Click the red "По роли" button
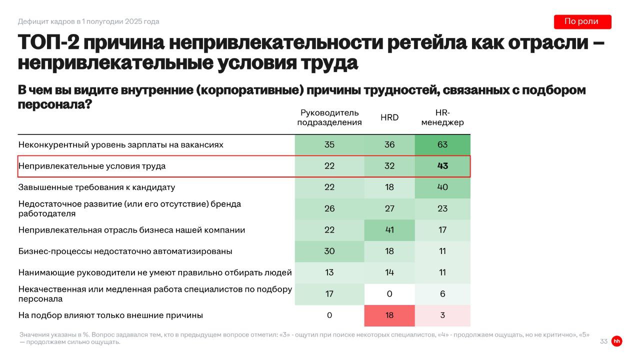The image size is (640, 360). tap(582, 21)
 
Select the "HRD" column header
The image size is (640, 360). tap(389, 117)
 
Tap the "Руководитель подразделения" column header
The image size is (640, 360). tap(329, 117)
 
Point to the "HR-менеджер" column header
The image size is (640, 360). tap(442, 117)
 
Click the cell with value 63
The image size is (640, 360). tap(442, 145)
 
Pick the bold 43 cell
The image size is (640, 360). tap(442, 166)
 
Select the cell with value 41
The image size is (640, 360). tap(389, 230)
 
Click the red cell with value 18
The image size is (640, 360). tap(389, 315)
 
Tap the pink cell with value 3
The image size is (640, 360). tap(442, 315)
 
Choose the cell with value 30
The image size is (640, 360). tap(329, 251)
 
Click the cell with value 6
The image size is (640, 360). tap(442, 294)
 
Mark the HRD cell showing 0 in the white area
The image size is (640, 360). tap(389, 294)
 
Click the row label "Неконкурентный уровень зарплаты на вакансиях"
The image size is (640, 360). tap(120, 145)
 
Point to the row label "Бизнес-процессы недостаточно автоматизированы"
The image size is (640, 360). tap(125, 251)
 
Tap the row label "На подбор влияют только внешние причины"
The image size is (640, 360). tap(110, 315)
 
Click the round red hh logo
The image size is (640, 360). tap(617, 341)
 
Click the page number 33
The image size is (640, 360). tap(603, 341)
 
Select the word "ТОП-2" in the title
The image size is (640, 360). tap(47, 43)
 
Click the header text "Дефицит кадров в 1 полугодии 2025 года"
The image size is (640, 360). tap(88, 21)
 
